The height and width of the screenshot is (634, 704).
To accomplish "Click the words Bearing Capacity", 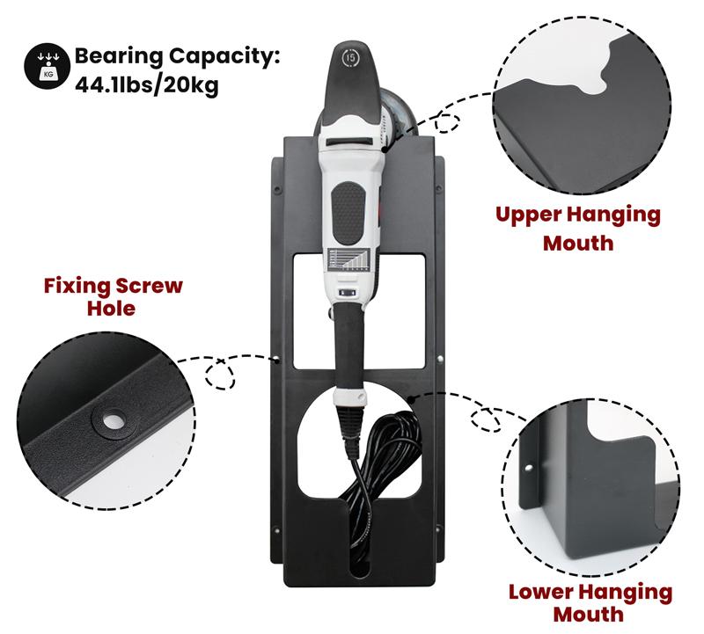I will coord(177,57).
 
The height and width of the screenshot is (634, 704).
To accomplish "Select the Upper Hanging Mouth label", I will coord(577,228).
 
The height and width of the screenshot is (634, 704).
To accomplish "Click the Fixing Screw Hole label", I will coord(114,297).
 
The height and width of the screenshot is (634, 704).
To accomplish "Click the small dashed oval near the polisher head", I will coord(447,123).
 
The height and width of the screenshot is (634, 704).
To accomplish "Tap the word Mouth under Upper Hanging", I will coord(577,242).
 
